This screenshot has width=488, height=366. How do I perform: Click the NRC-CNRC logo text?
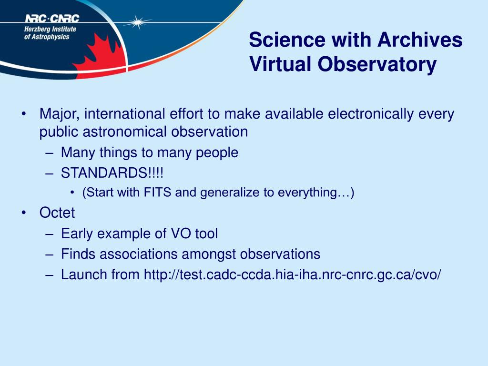[52, 19]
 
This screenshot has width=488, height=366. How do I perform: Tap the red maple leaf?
[100, 58]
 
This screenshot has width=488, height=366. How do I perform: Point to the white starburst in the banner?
[137, 22]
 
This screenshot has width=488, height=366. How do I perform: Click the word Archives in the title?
[420, 40]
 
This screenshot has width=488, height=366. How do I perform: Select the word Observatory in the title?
[377, 65]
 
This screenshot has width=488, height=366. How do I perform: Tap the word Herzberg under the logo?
[37, 30]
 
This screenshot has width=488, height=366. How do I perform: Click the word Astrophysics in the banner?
[51, 37]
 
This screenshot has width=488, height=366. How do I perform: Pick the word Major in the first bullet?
[59, 114]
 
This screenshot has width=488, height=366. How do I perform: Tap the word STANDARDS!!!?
[112, 173]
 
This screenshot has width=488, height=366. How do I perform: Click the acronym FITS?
[157, 193]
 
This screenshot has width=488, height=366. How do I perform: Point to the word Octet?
[57, 213]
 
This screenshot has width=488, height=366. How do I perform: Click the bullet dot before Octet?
[24, 213]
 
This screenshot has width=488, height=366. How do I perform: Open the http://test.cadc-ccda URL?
[292, 275]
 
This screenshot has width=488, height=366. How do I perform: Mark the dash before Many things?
[49, 153]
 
